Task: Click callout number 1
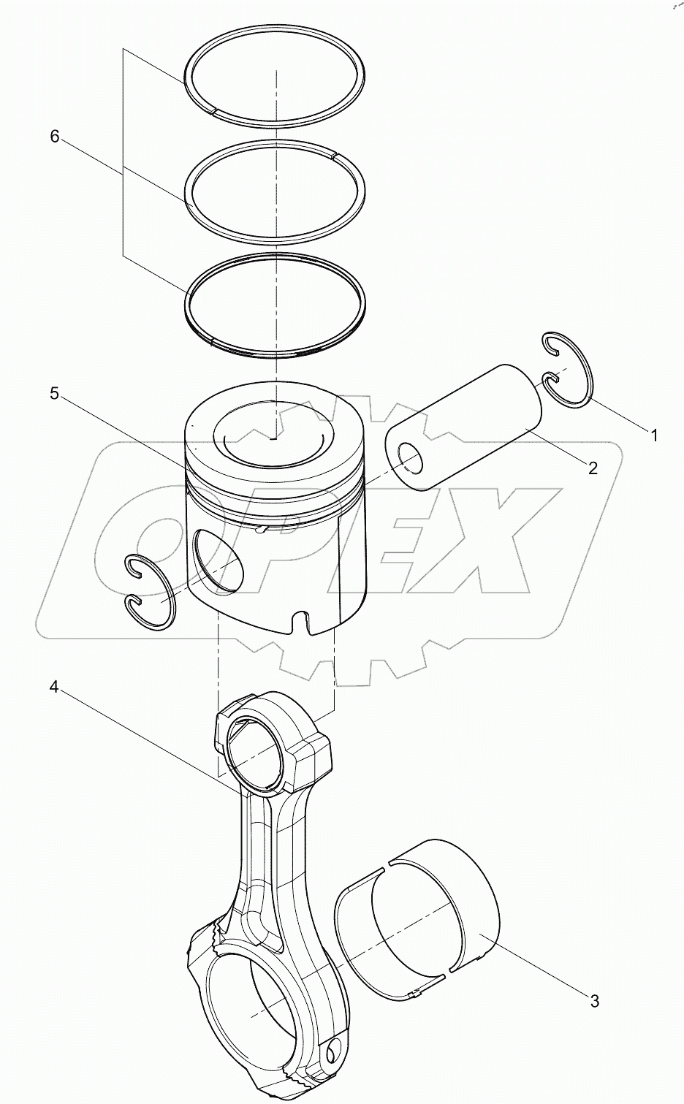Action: (655, 435)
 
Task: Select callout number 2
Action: (593, 468)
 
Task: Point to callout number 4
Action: (54, 688)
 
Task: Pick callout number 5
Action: (54, 394)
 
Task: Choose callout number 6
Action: (54, 137)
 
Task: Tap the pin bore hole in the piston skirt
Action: (217, 561)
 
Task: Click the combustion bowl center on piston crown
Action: (273, 438)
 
